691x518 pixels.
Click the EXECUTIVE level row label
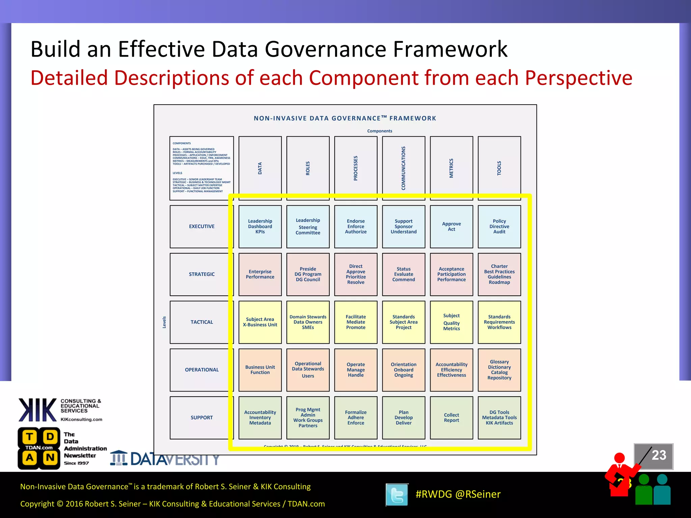(x=201, y=227)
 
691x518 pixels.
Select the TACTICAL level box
(x=201, y=322)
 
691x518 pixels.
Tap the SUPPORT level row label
(x=201, y=418)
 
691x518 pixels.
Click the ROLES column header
(x=308, y=168)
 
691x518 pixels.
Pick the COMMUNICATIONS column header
(x=404, y=168)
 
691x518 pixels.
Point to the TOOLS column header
(x=499, y=168)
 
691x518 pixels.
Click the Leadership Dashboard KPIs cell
(x=260, y=227)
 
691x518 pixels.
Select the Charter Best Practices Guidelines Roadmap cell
(x=499, y=274)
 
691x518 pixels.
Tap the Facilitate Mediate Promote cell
(x=356, y=322)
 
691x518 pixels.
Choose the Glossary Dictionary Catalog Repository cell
(x=499, y=370)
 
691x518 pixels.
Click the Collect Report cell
(x=451, y=418)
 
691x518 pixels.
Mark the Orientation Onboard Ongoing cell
(x=404, y=370)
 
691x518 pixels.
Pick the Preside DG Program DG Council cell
(x=308, y=274)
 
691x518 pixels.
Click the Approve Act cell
(x=451, y=227)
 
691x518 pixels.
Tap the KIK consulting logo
(x=38, y=410)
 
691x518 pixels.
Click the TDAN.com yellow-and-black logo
(x=39, y=448)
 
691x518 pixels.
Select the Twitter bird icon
(x=397, y=495)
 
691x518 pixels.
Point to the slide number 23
(x=659, y=455)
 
